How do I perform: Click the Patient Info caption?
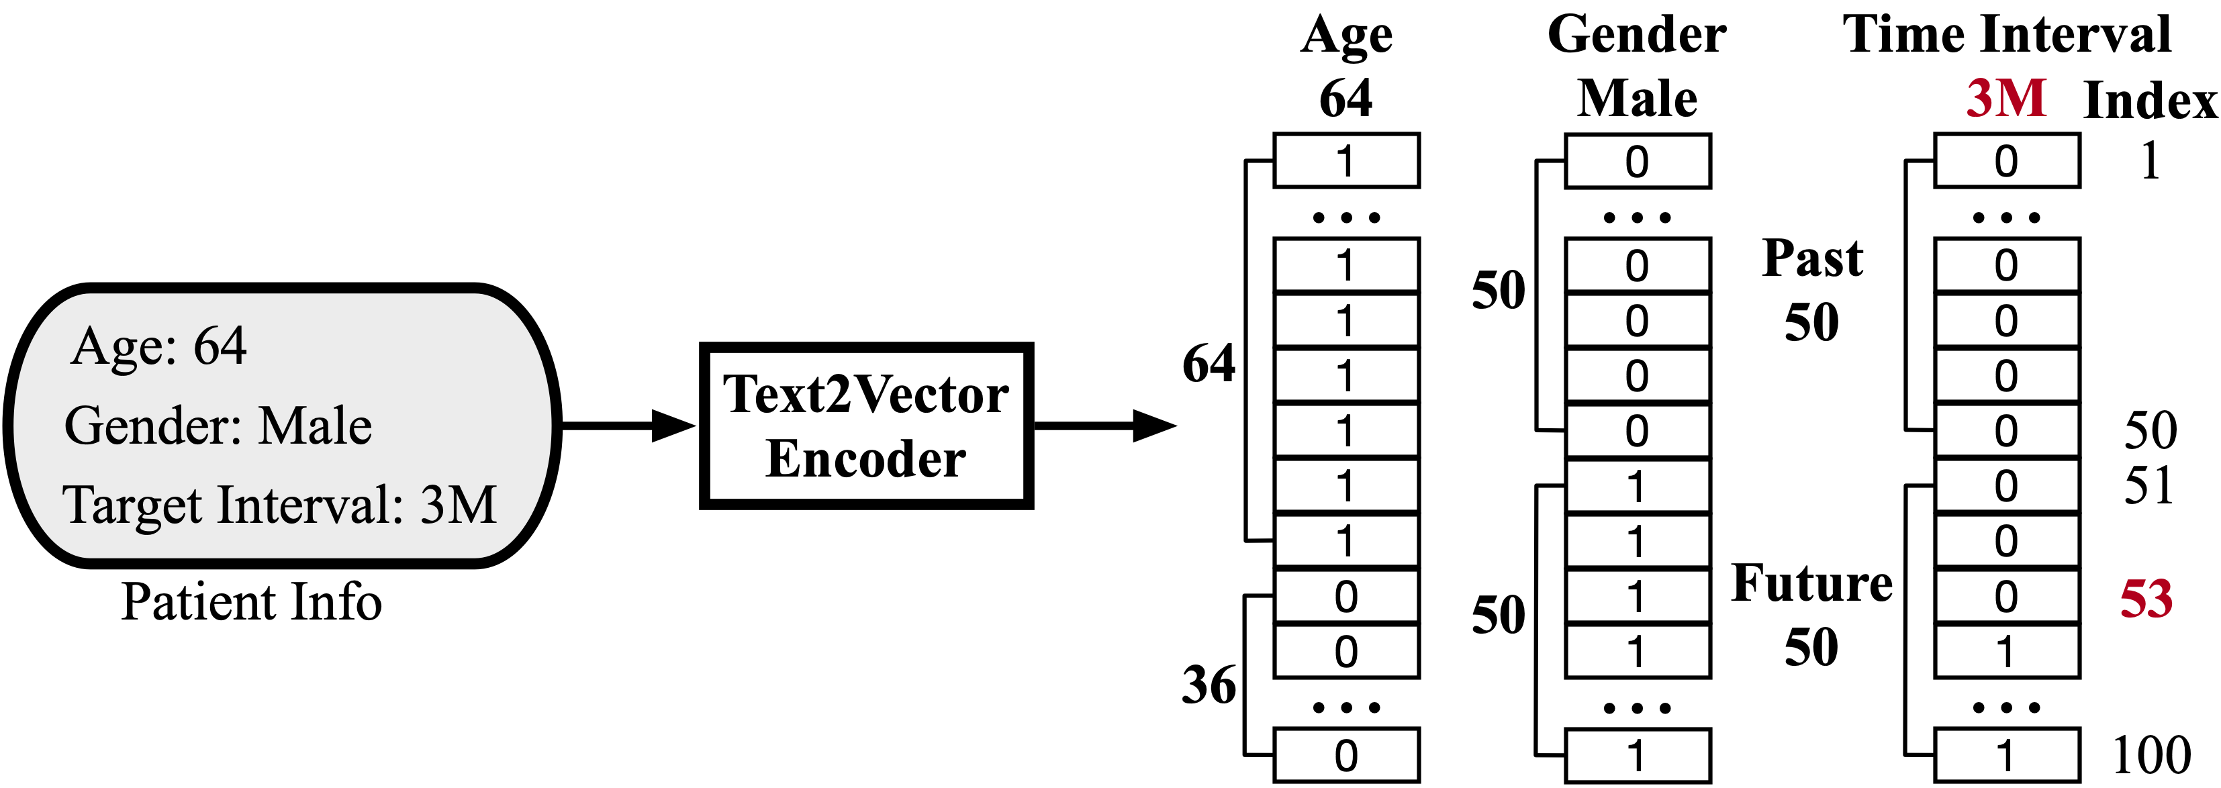pyautogui.click(x=251, y=602)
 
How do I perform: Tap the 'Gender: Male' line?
pyautogui.click(x=218, y=426)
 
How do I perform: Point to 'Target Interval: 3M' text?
pyautogui.click(x=280, y=505)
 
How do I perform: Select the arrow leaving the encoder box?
pyautogui.click(x=1105, y=426)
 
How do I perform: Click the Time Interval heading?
pyautogui.click(x=2006, y=36)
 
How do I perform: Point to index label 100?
pyautogui.click(x=2151, y=755)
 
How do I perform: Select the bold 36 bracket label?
pyautogui.click(x=1209, y=685)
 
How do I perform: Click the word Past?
pyautogui.click(x=1812, y=257)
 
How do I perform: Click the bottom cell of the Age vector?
pyautogui.click(x=1346, y=755)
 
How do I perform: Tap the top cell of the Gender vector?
pyautogui.click(x=1638, y=161)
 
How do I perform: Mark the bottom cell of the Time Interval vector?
pyautogui.click(x=2006, y=755)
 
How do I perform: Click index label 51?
pyautogui.click(x=2148, y=485)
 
